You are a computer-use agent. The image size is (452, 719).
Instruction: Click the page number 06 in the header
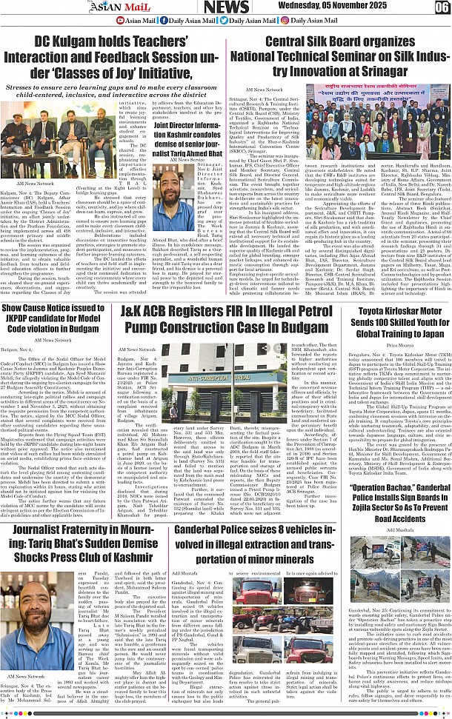coord(442,7)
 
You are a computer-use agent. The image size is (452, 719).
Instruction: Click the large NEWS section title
coord(226,7)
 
